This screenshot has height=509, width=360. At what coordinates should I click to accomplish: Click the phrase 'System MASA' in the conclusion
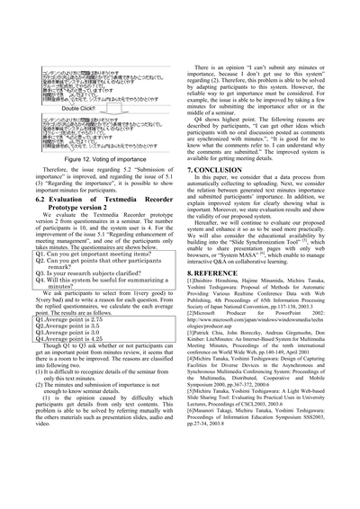[247, 248]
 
